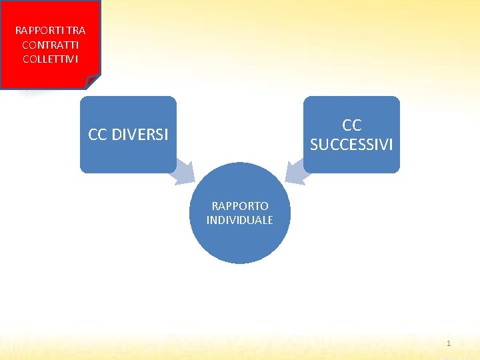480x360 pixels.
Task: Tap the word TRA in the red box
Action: [x=75, y=31]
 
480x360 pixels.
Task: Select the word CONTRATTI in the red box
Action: [x=50, y=45]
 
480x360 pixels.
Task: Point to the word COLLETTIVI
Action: [x=50, y=59]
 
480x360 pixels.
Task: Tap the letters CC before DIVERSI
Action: [x=97, y=135]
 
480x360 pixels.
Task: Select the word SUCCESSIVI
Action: [x=351, y=144]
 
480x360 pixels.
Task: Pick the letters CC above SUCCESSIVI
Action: [x=351, y=125]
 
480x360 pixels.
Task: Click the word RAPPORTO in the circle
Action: [x=240, y=207]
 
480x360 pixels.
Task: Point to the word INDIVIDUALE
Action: [x=240, y=220]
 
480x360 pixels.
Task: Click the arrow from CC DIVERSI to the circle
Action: [x=183, y=173]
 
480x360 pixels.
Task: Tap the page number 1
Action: [x=449, y=343]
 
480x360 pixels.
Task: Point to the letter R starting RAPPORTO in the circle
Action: [x=215, y=207]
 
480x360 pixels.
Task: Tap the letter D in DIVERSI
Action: [x=115, y=135]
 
